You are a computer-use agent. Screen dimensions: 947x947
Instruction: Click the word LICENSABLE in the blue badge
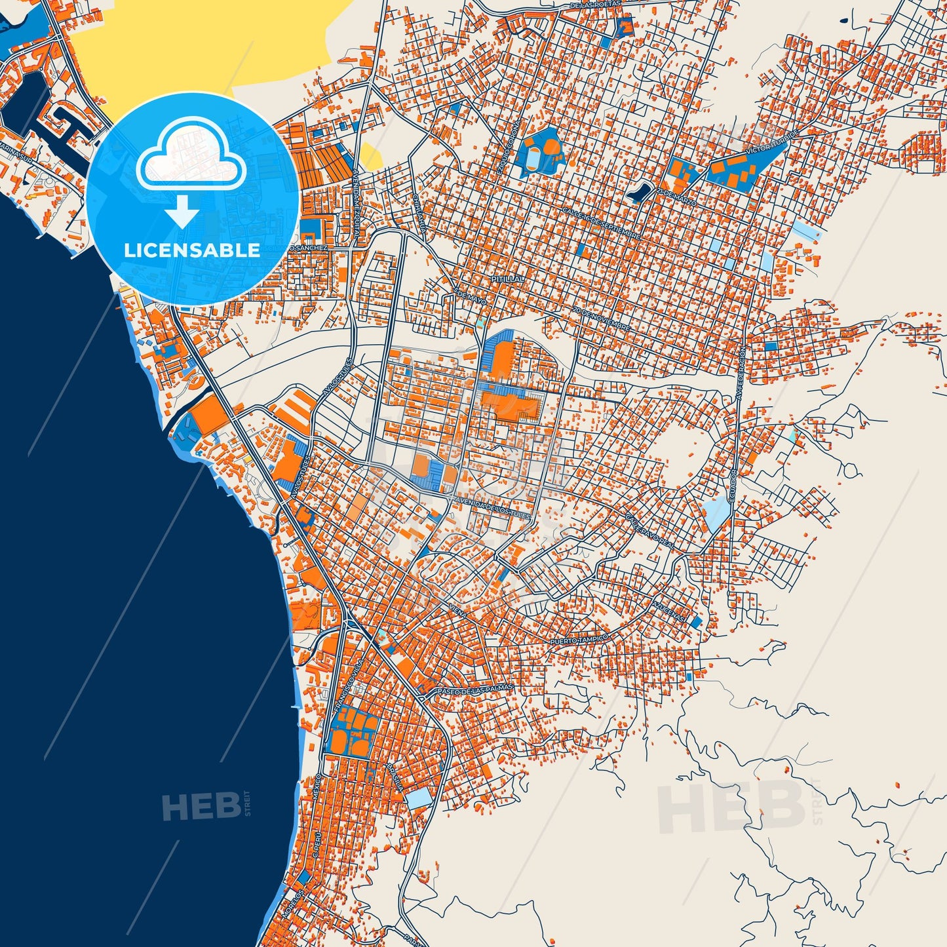192,250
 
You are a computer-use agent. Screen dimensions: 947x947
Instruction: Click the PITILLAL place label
508,279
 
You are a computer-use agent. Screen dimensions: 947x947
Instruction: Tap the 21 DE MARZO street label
676,194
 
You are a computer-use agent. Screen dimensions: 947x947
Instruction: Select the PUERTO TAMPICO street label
579,639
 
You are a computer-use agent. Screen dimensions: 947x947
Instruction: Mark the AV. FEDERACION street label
741,374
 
